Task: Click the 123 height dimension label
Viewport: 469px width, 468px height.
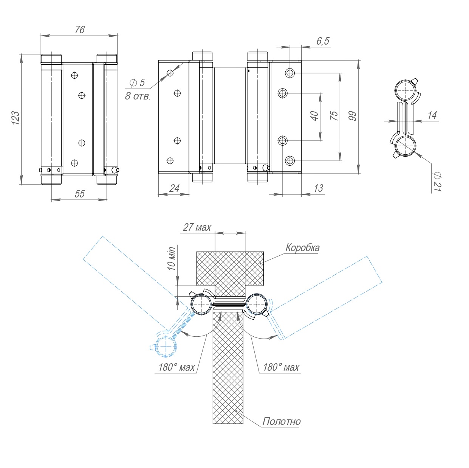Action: pos(15,118)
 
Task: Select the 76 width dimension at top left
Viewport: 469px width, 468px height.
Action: pos(80,30)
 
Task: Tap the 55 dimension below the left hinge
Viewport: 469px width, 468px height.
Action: pos(80,194)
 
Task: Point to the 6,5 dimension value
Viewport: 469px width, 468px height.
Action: pos(323,41)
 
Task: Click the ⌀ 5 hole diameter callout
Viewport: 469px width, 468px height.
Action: pos(137,82)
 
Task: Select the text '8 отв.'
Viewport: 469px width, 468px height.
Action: pos(138,96)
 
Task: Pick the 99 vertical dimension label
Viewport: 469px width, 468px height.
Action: pos(353,116)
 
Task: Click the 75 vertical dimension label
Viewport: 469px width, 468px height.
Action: pos(334,116)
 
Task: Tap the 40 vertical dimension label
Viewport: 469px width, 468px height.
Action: pos(314,116)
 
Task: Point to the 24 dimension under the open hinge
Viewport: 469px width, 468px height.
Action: pos(174,188)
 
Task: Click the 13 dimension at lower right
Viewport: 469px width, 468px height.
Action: pos(318,188)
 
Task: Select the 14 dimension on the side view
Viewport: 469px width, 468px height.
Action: pos(432,115)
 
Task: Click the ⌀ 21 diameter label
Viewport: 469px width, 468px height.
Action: pos(437,182)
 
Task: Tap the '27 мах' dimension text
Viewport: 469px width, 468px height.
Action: pos(197,227)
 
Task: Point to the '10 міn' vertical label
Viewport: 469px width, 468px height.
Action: pos(172,258)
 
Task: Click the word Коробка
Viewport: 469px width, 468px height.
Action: pos(302,248)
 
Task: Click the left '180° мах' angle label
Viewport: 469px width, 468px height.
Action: pos(176,367)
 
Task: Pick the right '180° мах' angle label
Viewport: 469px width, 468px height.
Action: pos(281,367)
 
